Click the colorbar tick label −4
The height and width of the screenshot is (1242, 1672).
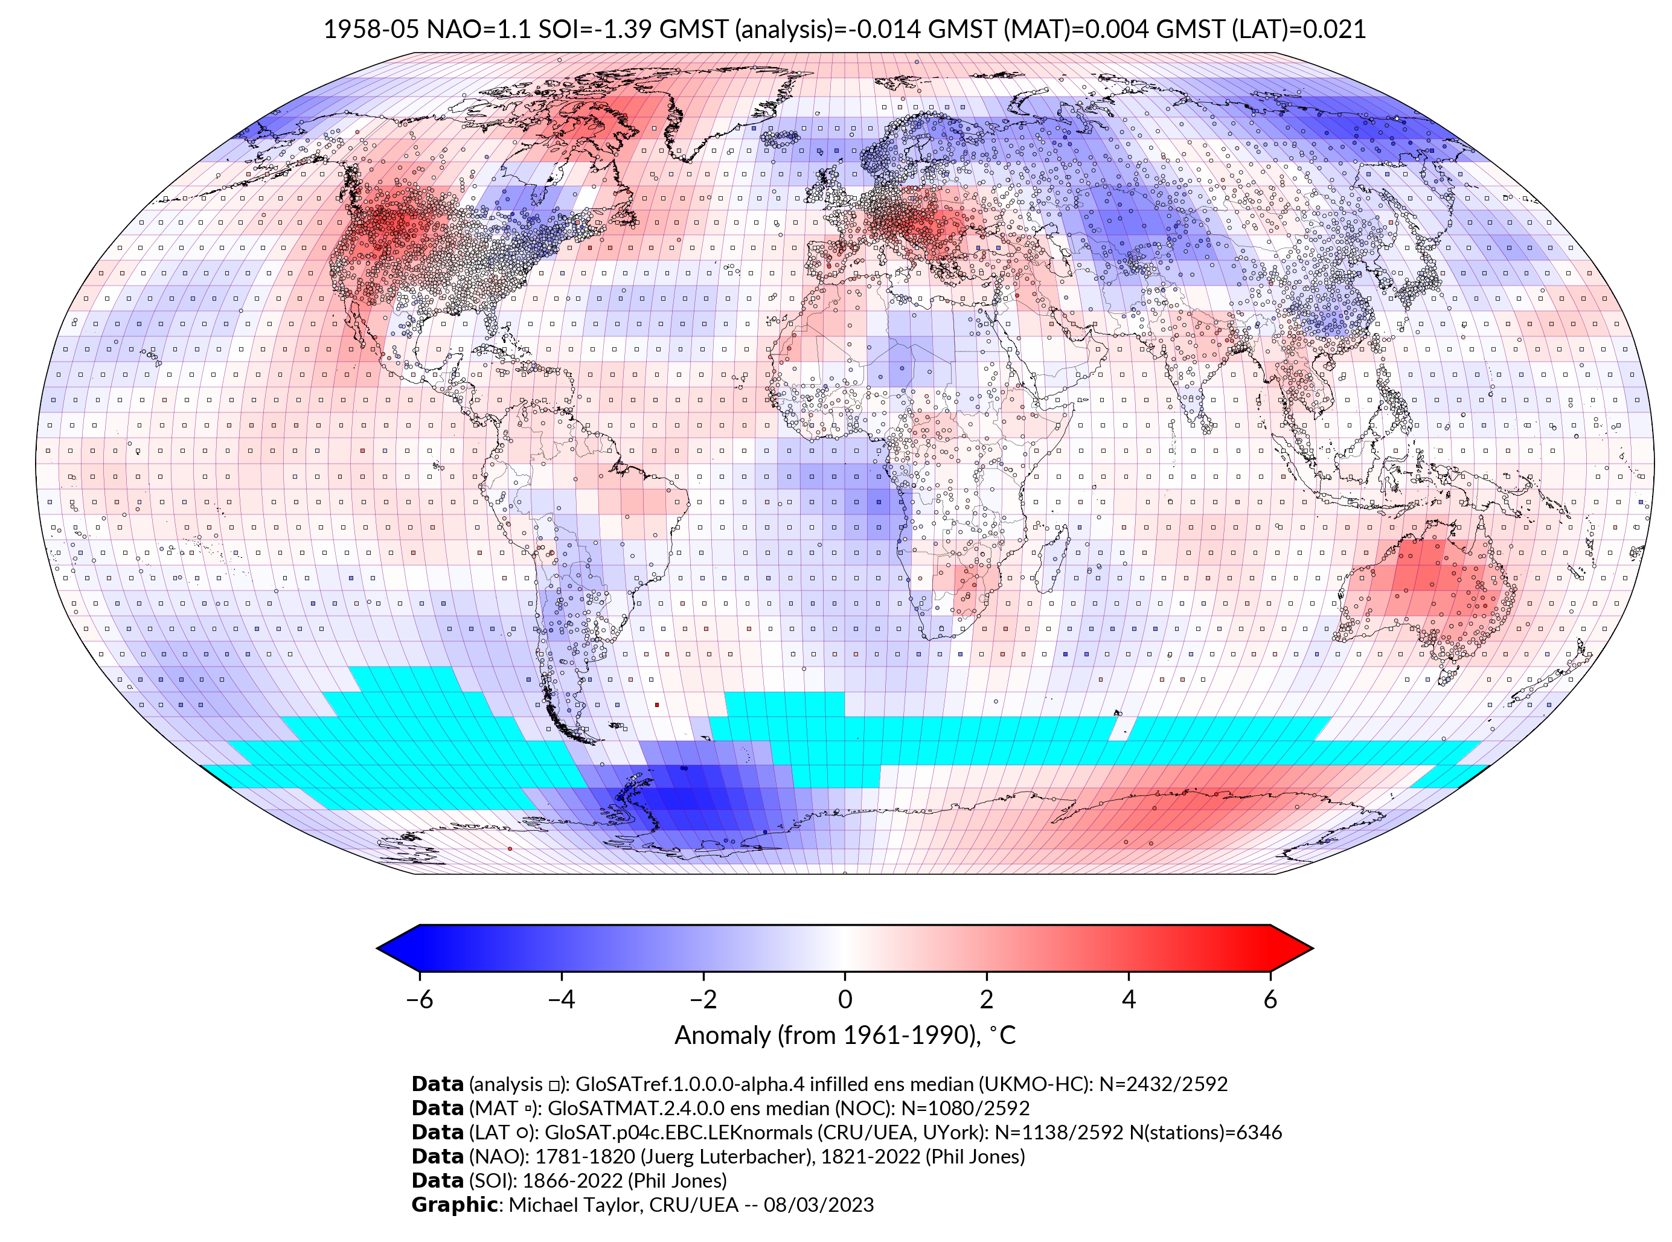tap(561, 999)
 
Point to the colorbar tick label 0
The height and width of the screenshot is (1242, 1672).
tap(845, 999)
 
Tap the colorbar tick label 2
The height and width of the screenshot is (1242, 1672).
tap(987, 999)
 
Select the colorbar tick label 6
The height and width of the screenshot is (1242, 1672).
tap(1270, 999)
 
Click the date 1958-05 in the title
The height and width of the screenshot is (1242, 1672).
tap(371, 30)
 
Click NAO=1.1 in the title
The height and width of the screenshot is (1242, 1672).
tap(478, 30)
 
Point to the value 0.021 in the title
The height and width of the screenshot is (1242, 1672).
tap(1334, 30)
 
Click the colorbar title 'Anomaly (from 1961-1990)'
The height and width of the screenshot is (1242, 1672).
tap(827, 1036)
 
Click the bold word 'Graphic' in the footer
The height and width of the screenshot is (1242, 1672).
tap(454, 1205)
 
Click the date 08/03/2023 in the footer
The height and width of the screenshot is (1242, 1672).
tap(819, 1205)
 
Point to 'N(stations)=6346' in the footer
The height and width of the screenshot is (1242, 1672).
tap(1206, 1132)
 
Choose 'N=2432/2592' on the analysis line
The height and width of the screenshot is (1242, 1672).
tap(1163, 1084)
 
